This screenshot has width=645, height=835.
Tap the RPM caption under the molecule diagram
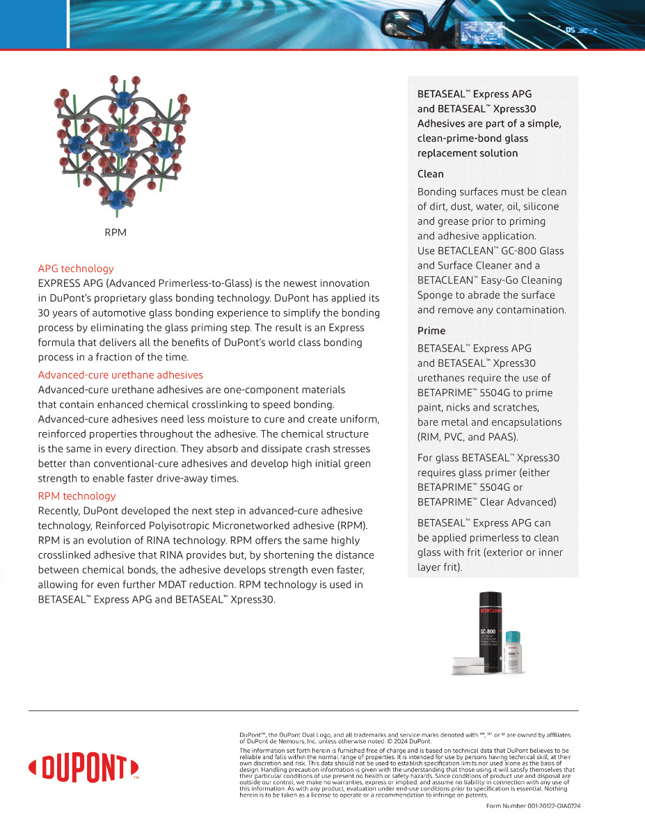tap(116, 232)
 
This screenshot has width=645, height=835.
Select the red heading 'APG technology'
tap(76, 269)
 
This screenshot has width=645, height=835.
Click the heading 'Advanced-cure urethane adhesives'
tap(120, 375)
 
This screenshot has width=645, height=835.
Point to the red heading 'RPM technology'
tap(77, 496)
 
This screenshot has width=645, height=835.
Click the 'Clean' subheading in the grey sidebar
tap(430, 174)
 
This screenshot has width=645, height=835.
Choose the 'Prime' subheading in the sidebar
tap(431, 331)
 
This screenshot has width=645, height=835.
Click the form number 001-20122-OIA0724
tap(533, 806)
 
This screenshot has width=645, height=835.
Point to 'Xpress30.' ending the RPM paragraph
tap(253, 599)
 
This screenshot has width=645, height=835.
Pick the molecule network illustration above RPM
tap(120, 143)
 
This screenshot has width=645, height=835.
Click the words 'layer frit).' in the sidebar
tap(440, 567)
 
